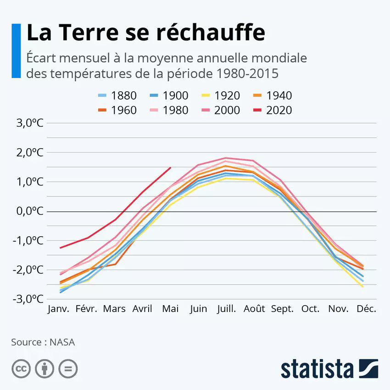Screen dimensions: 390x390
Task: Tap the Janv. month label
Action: [59, 309]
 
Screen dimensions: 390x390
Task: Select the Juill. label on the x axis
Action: [227, 309]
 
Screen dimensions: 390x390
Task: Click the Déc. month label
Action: [367, 309]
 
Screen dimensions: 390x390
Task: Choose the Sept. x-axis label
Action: [282, 309]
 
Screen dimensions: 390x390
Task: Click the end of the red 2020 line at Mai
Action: [171, 167]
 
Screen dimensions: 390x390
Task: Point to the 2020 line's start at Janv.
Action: [60, 248]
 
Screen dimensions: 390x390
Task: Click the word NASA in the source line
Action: [63, 342]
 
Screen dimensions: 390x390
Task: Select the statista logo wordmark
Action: [317, 369]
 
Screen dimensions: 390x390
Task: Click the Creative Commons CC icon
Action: [21, 368]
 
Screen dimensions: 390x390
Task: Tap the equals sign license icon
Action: [68, 368]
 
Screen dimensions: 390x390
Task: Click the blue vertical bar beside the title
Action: [16, 50]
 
